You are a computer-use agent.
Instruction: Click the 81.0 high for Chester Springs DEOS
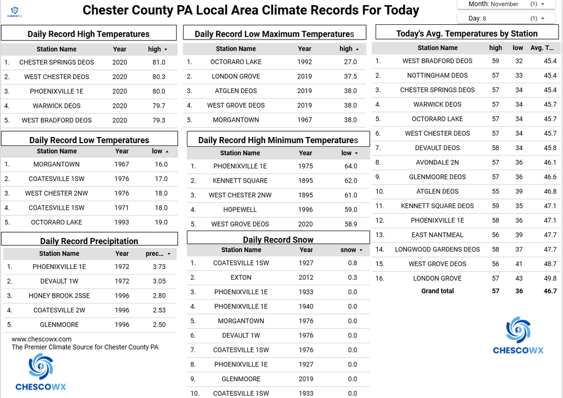pos(159,63)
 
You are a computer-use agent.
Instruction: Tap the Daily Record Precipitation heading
pos(89,241)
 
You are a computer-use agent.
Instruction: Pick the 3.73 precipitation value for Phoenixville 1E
pos(159,267)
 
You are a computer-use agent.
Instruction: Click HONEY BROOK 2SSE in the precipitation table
pos(59,296)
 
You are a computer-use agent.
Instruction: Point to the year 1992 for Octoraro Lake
pos(305,62)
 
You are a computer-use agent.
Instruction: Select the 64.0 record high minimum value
pos(351,166)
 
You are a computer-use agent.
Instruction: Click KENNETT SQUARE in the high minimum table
pos(240,181)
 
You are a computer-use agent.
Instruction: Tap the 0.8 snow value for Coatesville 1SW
pos(352,263)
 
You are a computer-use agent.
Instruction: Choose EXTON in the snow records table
pos(241,278)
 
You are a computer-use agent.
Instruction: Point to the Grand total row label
pos(437,291)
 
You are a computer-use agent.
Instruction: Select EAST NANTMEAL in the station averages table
pos(437,235)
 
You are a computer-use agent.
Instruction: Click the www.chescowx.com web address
pos(42,339)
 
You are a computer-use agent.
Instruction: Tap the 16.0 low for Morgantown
pos(161,165)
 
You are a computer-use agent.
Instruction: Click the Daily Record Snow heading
pos(278,240)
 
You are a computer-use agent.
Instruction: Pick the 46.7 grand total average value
pos(550,291)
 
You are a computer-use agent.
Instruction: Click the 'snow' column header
pos(348,250)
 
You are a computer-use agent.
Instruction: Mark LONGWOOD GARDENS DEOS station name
pos(437,249)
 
